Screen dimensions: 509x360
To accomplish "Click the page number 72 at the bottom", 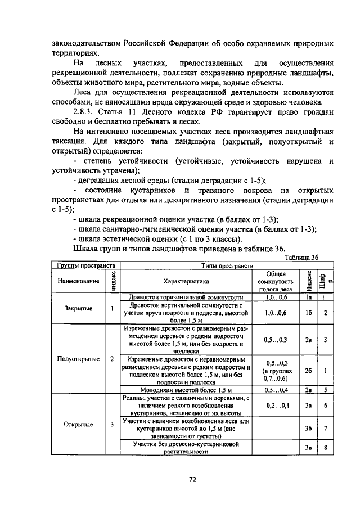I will click(x=192, y=479).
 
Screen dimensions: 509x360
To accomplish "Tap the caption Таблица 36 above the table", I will click(x=301, y=257).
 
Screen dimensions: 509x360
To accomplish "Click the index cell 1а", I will click(x=308, y=296).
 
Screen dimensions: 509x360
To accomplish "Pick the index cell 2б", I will click(x=308, y=371).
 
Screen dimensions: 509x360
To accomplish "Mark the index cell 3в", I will click(x=308, y=448).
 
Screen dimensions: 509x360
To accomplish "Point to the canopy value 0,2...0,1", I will click(x=276, y=405).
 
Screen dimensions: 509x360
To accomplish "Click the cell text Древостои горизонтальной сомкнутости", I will click(x=186, y=296).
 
